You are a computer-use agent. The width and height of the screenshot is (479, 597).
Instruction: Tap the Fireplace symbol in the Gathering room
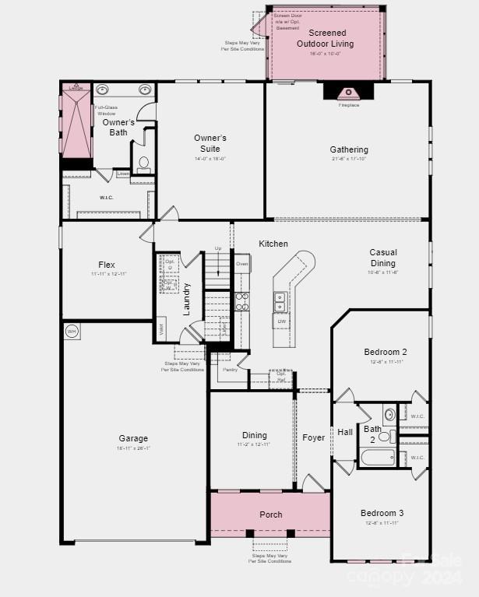[348, 93]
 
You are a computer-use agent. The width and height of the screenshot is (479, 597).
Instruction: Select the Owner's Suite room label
[210, 143]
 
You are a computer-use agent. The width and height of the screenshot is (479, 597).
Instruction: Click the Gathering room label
[349, 149]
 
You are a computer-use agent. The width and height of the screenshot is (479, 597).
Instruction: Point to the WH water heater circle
[72, 332]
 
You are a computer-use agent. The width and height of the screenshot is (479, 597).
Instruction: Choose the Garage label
[133, 438]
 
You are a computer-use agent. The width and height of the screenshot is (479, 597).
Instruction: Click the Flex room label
[107, 265]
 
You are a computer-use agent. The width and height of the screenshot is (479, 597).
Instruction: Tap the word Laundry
[187, 298]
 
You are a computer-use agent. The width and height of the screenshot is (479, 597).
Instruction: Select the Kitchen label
[273, 244]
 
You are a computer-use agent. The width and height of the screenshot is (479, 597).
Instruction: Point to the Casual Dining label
[383, 258]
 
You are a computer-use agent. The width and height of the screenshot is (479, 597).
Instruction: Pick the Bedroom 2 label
[386, 352]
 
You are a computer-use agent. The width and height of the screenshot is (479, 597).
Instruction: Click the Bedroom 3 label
[382, 514]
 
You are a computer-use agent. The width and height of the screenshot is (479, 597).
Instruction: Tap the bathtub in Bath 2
[379, 456]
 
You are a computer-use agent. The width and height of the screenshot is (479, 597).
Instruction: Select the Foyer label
[314, 438]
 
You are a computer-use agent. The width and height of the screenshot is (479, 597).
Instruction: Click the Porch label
[270, 514]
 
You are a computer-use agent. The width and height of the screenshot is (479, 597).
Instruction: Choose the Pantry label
[230, 370]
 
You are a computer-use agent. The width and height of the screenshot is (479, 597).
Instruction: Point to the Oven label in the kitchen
[242, 264]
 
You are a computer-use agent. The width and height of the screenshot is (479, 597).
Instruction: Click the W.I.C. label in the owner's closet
[107, 198]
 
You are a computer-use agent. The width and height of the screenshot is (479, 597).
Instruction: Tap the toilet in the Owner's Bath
[144, 163]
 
